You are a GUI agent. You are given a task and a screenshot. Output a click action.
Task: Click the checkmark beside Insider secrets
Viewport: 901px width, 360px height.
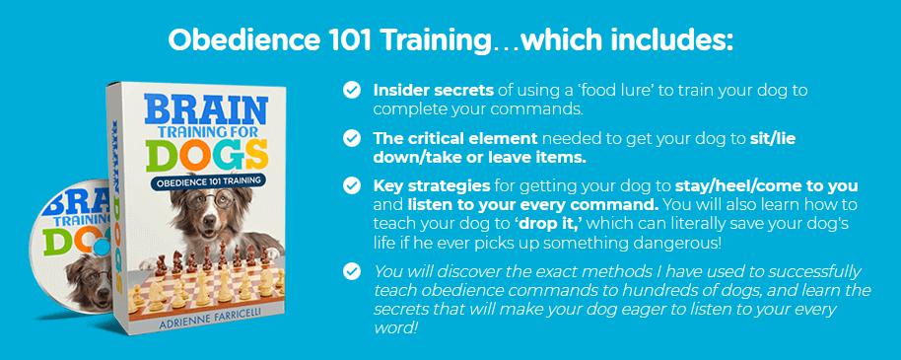click(351, 91)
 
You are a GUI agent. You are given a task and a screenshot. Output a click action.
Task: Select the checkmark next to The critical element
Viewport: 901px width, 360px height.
click(351, 139)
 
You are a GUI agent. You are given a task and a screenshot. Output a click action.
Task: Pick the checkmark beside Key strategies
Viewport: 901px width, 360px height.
click(351, 185)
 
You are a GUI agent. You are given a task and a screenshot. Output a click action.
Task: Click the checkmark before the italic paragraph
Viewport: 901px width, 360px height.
click(351, 271)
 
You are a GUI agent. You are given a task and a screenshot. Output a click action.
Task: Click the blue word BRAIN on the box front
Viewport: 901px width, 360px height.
click(206, 110)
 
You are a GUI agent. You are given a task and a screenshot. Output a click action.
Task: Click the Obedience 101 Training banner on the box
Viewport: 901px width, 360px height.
click(210, 181)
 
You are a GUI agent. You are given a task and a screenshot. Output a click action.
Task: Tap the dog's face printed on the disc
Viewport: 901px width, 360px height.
click(92, 282)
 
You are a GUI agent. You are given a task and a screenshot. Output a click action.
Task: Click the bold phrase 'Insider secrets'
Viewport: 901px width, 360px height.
click(434, 91)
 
